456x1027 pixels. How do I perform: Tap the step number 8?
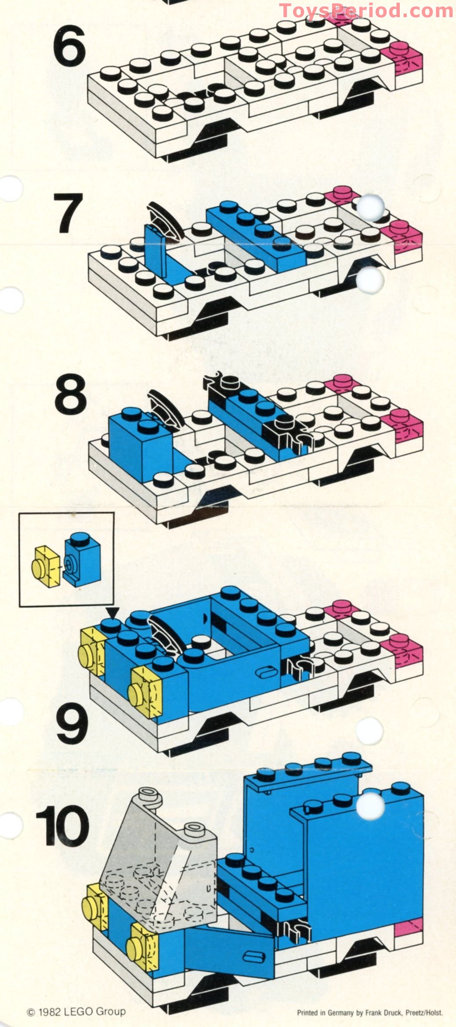tap(70, 394)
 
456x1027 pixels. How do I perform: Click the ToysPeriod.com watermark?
tap(366, 11)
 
